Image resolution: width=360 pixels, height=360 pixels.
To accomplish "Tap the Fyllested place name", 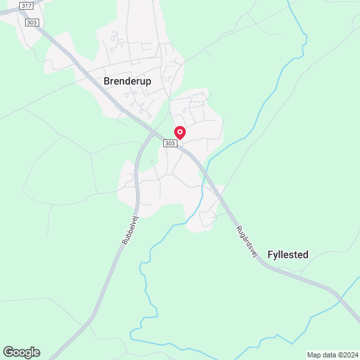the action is click(287, 255).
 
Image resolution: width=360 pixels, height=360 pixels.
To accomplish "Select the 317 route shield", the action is click(26, 5).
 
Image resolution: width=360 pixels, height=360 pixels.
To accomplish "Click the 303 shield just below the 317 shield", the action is click(32, 22).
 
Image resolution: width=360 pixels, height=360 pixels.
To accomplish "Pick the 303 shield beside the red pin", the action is click(170, 144).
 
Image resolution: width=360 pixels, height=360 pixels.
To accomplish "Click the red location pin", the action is click(180, 132).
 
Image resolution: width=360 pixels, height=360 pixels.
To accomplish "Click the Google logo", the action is click(21, 352).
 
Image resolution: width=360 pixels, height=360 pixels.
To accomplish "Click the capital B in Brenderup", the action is click(107, 81).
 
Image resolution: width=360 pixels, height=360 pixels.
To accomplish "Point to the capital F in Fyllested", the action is click(269, 255).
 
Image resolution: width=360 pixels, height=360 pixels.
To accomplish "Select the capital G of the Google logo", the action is click(8, 352).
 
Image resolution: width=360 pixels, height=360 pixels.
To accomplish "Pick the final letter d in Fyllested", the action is click(305, 255).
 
